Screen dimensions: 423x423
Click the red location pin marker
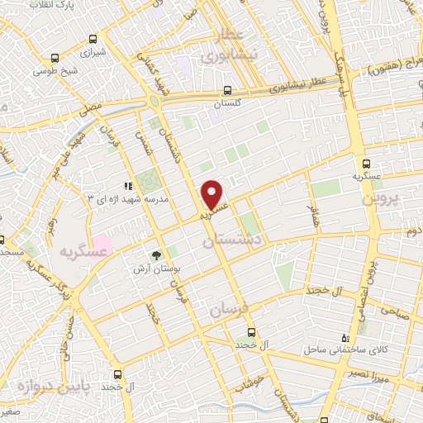click(213, 194)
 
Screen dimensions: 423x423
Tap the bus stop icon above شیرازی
click(94, 39)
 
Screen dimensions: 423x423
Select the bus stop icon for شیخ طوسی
click(55, 58)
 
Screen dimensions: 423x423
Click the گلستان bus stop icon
click(227, 93)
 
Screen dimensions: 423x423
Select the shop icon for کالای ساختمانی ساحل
click(346, 339)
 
